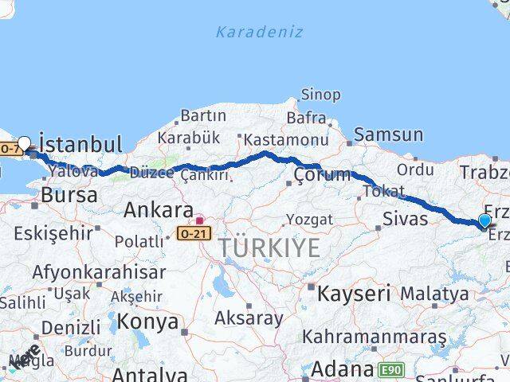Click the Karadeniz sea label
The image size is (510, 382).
tap(259, 32)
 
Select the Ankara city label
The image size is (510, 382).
tap(158, 211)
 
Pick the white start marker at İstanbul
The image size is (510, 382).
tap(24, 144)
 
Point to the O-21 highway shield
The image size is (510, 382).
tap(194, 233)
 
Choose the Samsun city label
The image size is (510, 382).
tap(388, 134)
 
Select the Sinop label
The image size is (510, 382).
tap(320, 95)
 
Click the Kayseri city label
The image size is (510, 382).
tap(353, 293)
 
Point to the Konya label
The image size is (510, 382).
tap(147, 322)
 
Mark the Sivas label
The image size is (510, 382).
tap(405, 219)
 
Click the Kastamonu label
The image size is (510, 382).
tap(285, 140)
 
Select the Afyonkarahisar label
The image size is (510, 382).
tap(99, 271)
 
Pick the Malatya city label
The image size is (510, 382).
tap(434, 294)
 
